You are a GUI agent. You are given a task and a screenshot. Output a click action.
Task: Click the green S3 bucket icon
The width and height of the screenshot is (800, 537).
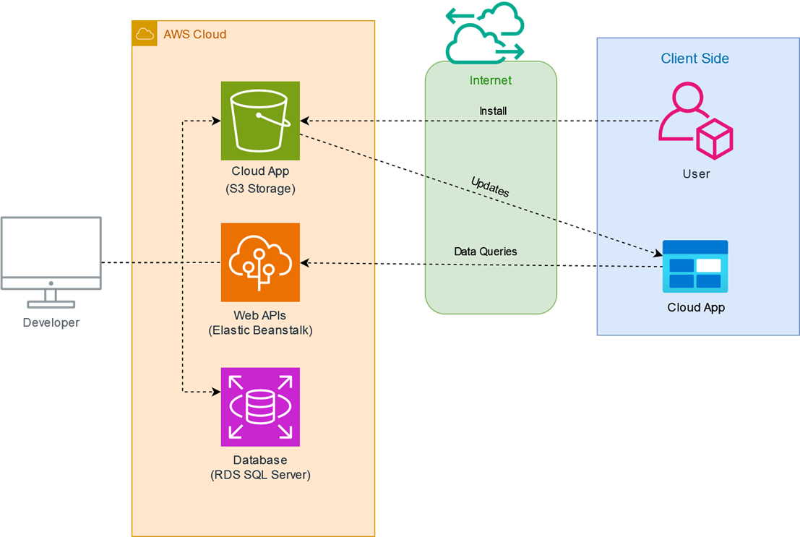click(260, 121)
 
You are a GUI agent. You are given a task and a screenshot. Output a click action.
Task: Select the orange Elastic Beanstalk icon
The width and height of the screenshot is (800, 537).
click(260, 262)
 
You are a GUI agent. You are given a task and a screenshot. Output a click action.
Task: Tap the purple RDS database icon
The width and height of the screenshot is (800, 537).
click(260, 407)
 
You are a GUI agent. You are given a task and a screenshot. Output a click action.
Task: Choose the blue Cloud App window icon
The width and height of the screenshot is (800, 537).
click(695, 266)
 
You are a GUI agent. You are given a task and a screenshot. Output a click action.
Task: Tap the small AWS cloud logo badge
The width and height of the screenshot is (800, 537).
click(145, 34)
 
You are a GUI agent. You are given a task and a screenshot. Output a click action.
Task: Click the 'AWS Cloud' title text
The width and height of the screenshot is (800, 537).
click(194, 34)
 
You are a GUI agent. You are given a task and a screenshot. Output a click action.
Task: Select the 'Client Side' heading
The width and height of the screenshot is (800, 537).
click(694, 59)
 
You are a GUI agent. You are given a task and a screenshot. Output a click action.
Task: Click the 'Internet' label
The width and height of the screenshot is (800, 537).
click(491, 80)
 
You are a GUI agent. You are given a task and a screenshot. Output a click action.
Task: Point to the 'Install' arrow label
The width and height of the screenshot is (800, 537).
click(493, 111)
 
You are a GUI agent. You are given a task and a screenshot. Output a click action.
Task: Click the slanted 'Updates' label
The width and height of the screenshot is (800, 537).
click(490, 186)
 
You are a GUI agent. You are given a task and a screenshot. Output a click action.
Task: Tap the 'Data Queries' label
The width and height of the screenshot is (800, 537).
click(485, 252)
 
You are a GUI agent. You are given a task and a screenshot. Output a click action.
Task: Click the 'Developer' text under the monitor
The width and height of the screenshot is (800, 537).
click(51, 323)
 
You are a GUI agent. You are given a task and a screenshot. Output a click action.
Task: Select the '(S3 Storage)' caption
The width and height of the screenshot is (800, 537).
click(259, 189)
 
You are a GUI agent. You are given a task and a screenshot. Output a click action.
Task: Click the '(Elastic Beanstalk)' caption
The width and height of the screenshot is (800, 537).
click(260, 330)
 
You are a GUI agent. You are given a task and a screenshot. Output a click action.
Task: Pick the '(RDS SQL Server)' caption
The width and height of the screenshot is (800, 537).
click(260, 475)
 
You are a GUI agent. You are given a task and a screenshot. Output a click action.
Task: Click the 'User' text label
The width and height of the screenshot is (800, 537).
click(696, 174)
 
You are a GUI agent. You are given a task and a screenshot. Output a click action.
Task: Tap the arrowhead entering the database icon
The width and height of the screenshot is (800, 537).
click(216, 392)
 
